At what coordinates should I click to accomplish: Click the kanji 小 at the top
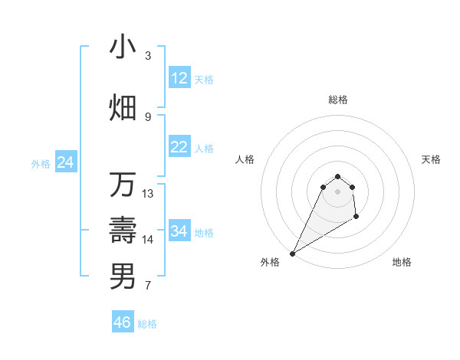pyautogui.click(x=123, y=47)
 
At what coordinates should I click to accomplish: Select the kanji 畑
pyautogui.click(x=123, y=107)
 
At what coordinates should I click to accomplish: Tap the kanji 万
pyautogui.click(x=123, y=185)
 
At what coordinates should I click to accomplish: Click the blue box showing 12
pyautogui.click(x=179, y=78)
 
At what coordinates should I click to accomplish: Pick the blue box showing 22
pyautogui.click(x=179, y=147)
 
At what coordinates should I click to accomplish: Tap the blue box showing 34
pyautogui.click(x=179, y=231)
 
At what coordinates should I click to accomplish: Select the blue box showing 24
pyautogui.click(x=66, y=162)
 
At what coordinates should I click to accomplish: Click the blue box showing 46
pyautogui.click(x=123, y=322)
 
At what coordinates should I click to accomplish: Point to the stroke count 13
pyautogui.click(x=148, y=194)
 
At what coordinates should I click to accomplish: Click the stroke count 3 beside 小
pyautogui.click(x=148, y=56)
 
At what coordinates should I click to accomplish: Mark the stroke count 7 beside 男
pyautogui.click(x=148, y=286)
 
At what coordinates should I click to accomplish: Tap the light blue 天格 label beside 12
pyautogui.click(x=204, y=80)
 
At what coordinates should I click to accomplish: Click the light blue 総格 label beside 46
pyautogui.click(x=147, y=324)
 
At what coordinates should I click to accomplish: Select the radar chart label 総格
pyautogui.click(x=338, y=100)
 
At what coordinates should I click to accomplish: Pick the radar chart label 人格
pyautogui.click(x=245, y=159)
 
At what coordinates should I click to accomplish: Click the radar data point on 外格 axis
pyautogui.click(x=292, y=253)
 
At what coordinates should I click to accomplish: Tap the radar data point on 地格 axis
pyautogui.click(x=356, y=218)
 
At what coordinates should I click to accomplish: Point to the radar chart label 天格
pyautogui.click(x=431, y=159)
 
